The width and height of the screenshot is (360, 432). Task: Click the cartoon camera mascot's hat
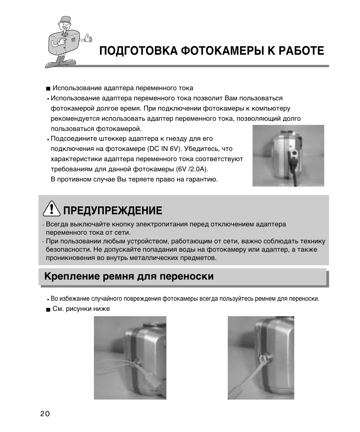point(65,20)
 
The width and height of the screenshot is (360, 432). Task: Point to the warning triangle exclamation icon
point(50,209)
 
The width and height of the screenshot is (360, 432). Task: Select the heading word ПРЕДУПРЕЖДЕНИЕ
point(112,210)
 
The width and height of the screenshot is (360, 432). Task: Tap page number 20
point(45,414)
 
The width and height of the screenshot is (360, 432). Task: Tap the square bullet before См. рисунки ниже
point(48,309)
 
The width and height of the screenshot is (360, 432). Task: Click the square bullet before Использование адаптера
point(48,89)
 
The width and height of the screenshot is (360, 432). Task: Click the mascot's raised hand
point(88,38)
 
